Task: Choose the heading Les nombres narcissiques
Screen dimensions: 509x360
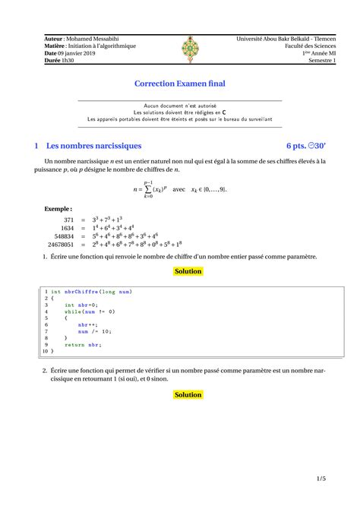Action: pos(93,145)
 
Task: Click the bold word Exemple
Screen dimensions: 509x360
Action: pos(58,207)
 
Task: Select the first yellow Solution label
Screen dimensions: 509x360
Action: pos(188,271)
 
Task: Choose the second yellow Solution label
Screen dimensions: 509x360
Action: pos(188,395)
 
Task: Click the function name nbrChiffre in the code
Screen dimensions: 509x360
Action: pos(81,292)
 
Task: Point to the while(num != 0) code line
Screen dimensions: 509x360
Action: pos(90,311)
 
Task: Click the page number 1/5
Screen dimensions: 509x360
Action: pos(322,479)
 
